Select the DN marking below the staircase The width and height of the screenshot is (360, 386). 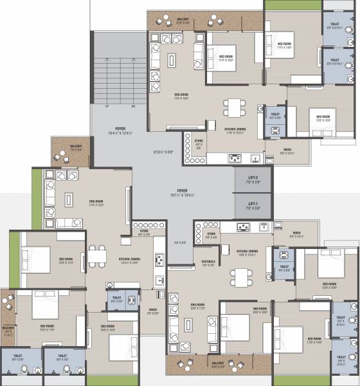point(132,106)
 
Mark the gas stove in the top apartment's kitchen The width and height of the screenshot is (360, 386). point(235,158)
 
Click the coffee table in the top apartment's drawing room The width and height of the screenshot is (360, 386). point(172,60)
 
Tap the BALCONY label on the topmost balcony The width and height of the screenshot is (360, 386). point(183,19)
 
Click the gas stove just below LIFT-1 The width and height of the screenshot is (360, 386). point(244,226)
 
